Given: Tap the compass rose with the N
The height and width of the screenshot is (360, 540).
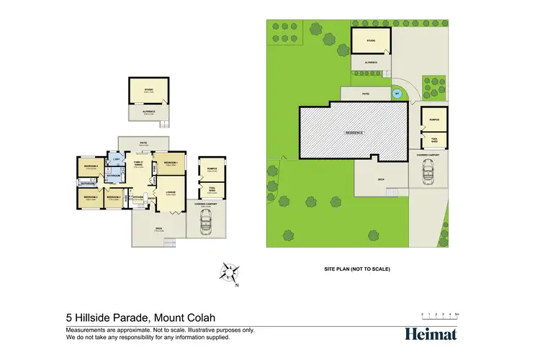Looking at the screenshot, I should (230, 272).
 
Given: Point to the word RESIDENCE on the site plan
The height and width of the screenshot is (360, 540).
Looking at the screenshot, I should (353, 132).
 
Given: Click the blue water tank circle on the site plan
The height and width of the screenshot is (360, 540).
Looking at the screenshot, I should (395, 94).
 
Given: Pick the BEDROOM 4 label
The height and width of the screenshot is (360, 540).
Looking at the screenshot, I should (91, 167).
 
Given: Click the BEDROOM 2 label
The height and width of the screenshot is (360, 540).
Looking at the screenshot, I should (90, 196).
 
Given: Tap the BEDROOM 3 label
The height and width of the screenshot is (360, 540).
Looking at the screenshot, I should (114, 196).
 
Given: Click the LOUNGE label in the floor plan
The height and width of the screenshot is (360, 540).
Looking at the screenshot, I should (171, 192).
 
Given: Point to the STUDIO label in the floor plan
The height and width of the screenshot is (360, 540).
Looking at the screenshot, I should (148, 90).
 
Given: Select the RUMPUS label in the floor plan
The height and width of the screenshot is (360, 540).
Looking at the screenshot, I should (212, 169).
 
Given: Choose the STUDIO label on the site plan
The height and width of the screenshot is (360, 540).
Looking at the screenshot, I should (371, 41).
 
